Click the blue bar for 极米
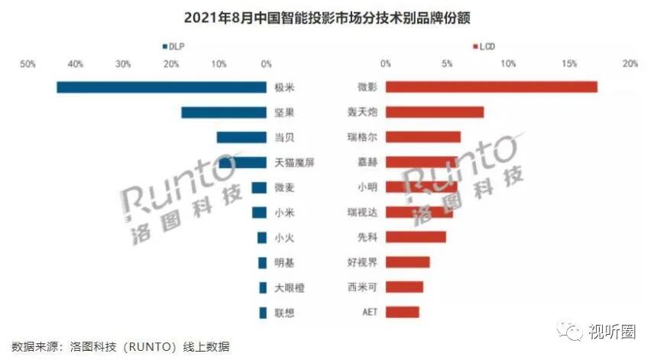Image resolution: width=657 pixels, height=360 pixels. pyautogui.click(x=161, y=87)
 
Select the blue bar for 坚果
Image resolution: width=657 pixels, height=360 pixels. pyautogui.click(x=223, y=112)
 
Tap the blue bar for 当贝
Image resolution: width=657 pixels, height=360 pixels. pyautogui.click(x=241, y=138)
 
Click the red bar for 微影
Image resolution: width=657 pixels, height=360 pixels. pyautogui.click(x=491, y=87)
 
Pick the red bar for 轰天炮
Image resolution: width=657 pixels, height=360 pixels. pyautogui.click(x=435, y=112)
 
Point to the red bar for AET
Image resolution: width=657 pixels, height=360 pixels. pyautogui.click(x=403, y=312)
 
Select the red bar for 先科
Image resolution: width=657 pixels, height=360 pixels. pyautogui.click(x=416, y=237)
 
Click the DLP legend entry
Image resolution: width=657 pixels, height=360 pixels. pyautogui.click(x=173, y=47)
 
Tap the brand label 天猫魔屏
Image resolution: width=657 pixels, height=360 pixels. pyautogui.click(x=294, y=162)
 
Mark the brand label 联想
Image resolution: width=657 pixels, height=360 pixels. pyautogui.click(x=284, y=312)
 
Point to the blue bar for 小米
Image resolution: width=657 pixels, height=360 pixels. pyautogui.click(x=259, y=212)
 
